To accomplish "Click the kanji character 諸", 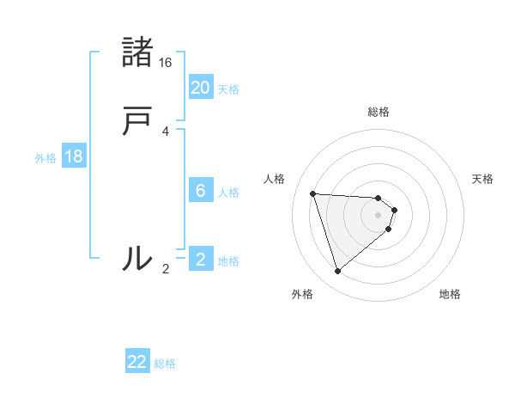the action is [137, 52].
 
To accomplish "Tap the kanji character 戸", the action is [137, 122].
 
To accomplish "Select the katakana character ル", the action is [137, 257].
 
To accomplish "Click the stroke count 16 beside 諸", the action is [166, 63].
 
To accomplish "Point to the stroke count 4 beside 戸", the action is [166, 132].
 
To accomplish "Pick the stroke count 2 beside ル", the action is [166, 269].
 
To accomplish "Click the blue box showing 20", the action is [201, 87].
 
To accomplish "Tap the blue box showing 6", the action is [201, 190].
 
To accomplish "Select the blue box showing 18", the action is [74, 156].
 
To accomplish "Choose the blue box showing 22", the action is [137, 362].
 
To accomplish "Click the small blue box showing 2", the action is [201, 259].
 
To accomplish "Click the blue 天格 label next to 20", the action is [228, 89].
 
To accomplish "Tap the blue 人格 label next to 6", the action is [228, 193].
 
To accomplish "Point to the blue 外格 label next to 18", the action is [45, 158].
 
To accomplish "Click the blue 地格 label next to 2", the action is [228, 261].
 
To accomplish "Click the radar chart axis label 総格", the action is [379, 112].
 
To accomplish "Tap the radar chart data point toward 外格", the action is [338, 272].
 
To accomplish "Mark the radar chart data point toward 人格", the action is [313, 193].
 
